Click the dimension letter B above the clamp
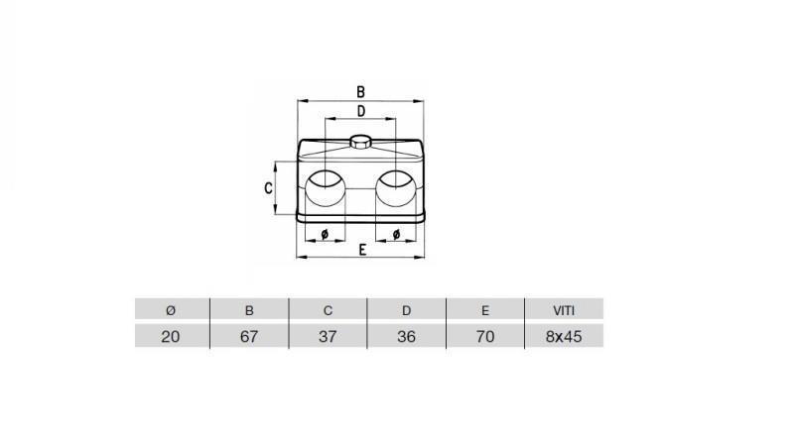(x=360, y=92)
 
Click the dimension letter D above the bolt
(x=360, y=111)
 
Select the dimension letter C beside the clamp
(x=268, y=187)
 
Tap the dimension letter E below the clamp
(x=362, y=250)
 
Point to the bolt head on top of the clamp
(x=361, y=141)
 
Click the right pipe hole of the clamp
(x=397, y=189)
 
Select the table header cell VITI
(x=564, y=310)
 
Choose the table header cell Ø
(x=171, y=310)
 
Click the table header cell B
(x=249, y=310)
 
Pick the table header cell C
(x=328, y=310)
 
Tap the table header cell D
(x=406, y=310)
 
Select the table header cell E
(x=485, y=310)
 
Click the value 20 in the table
(x=171, y=336)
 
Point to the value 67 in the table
(x=249, y=336)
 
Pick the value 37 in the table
(x=328, y=336)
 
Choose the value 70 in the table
(x=485, y=336)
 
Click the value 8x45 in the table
(x=564, y=336)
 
